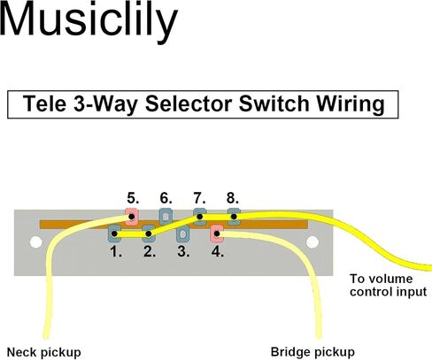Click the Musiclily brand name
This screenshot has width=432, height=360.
89,20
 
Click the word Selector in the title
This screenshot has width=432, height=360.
189,103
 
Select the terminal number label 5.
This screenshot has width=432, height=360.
133,198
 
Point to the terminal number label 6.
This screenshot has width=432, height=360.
166,198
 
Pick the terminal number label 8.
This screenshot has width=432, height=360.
233,198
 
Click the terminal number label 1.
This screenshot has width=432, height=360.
116,251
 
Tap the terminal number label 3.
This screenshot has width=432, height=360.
183,251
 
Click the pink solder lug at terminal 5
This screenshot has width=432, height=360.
132,217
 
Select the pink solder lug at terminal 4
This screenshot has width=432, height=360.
217,234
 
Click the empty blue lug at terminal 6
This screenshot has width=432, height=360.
166,217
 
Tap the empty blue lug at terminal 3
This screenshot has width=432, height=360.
182,234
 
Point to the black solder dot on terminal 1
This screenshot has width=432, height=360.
114,234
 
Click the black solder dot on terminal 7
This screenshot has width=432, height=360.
200,217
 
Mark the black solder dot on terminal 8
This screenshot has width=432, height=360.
234,217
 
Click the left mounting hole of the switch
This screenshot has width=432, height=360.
36,242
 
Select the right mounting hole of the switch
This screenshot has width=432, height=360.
312,242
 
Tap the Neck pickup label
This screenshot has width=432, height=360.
43,352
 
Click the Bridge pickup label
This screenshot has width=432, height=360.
312,352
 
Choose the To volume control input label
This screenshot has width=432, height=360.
388,286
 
